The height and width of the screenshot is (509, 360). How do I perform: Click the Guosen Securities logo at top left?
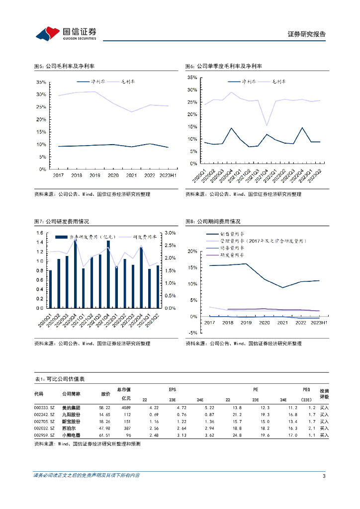pyautogui.click(x=66, y=33)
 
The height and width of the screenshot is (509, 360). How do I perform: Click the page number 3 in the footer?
pyautogui.click(x=324, y=477)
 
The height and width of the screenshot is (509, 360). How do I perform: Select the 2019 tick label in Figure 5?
pyautogui.click(x=94, y=175)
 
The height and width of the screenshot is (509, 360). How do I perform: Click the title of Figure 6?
pyautogui.click(x=223, y=66)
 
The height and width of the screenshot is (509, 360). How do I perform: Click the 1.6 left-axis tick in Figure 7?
pyautogui.click(x=40, y=233)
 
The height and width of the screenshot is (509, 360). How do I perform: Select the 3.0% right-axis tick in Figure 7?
pyautogui.click(x=170, y=233)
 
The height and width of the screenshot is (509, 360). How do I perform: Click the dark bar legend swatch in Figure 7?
pyautogui.click(x=62, y=237)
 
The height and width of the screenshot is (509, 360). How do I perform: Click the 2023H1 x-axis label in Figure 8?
pyautogui.click(x=318, y=323)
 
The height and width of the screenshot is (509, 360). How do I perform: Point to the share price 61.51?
pyautogui.click(x=104, y=434)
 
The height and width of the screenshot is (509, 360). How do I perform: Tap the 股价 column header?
pyautogui.click(x=105, y=394)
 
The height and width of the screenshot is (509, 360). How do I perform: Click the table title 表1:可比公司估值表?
pyautogui.click(x=59, y=379)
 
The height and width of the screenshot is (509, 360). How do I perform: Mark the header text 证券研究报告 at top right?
pyautogui.click(x=307, y=34)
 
